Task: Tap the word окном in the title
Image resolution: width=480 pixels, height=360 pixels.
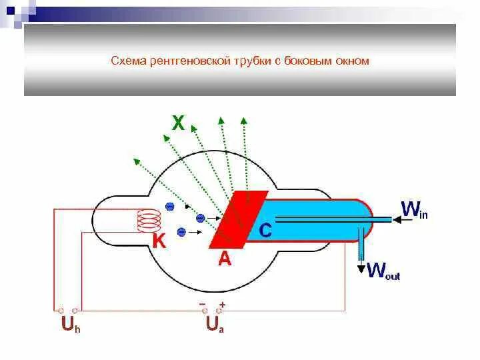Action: click(x=355, y=61)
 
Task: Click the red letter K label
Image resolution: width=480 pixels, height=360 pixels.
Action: click(x=159, y=241)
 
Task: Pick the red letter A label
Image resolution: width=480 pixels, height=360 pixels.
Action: click(x=225, y=259)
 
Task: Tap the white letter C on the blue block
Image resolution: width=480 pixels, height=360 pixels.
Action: click(x=265, y=231)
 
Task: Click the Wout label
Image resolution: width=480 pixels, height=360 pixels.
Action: click(x=383, y=270)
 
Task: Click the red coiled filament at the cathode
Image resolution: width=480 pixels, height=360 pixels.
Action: click(x=149, y=221)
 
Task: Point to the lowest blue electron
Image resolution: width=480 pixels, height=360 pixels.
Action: click(x=181, y=232)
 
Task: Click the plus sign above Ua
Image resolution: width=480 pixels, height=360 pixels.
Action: click(x=222, y=304)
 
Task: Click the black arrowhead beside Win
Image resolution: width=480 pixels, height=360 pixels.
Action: click(x=393, y=218)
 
